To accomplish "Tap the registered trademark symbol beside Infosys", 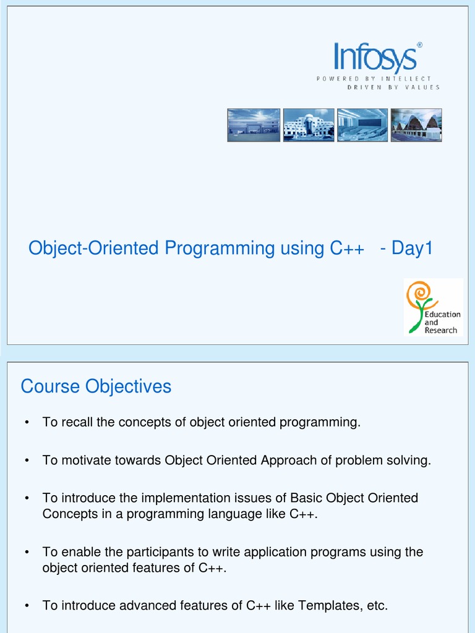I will (x=419, y=45).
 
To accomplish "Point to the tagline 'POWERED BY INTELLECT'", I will (x=374, y=79).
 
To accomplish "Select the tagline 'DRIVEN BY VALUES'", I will (x=393, y=87).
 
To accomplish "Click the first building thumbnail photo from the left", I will (x=254, y=125).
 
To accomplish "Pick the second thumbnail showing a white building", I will (x=309, y=125).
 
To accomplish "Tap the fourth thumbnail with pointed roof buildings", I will (x=416, y=125).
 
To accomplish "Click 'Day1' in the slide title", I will (x=413, y=249).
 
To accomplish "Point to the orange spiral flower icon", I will (x=419, y=295).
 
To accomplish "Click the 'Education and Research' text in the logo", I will (x=442, y=322).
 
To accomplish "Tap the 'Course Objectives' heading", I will (x=96, y=386).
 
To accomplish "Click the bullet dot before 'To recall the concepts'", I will (x=27, y=423).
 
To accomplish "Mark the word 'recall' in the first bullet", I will (x=76, y=423).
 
